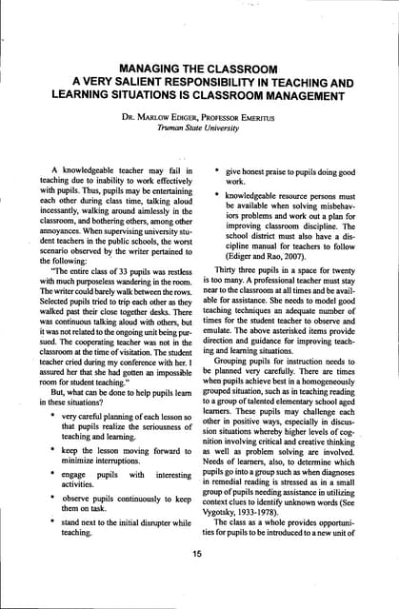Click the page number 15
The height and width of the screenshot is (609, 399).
(197, 556)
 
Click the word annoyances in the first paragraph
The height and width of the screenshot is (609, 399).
(67, 211)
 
